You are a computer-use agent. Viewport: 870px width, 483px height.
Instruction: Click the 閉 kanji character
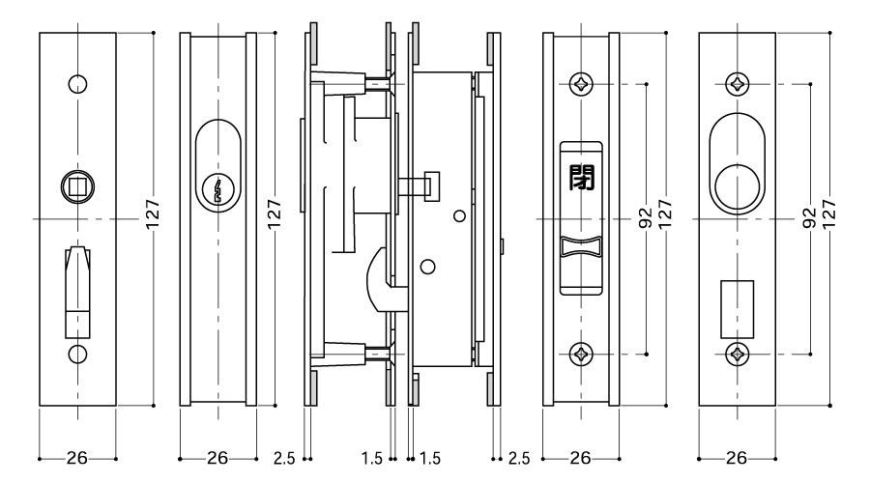tap(582, 178)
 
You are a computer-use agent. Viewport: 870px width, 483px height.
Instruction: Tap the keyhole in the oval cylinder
tap(218, 190)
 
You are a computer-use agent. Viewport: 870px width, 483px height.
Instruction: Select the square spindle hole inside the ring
tap(77, 186)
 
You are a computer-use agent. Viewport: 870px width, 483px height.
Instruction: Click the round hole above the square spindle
tap(77, 84)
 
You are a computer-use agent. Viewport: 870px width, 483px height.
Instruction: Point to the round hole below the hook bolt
tap(77, 354)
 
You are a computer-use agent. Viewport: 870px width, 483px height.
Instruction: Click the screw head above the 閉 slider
tap(582, 84)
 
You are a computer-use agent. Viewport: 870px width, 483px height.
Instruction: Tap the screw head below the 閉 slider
tap(582, 354)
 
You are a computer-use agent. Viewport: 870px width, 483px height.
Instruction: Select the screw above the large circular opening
tap(738, 84)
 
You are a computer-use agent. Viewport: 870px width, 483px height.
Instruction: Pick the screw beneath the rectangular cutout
tap(738, 354)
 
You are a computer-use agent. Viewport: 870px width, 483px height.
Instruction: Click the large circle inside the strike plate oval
tap(738, 186)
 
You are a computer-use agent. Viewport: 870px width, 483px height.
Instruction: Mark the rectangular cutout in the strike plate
tap(738, 309)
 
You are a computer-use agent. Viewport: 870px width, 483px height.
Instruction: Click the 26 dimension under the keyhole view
tap(217, 458)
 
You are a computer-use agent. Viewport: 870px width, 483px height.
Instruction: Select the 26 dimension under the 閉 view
tap(580, 458)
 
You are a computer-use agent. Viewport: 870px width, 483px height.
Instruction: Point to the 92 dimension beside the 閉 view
tap(646, 218)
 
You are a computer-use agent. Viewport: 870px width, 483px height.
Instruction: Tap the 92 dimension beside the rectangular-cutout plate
tap(809, 218)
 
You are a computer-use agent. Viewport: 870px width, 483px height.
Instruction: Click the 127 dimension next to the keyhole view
tap(275, 213)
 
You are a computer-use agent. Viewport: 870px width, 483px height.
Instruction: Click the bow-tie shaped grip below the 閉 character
tap(581, 246)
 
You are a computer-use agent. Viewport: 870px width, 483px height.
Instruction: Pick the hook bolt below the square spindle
tap(77, 292)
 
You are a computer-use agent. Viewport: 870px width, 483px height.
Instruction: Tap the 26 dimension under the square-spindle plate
tap(77, 458)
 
